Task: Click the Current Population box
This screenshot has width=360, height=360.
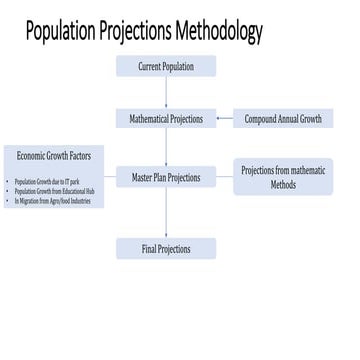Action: point(166,67)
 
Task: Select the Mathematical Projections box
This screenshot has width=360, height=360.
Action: point(166,118)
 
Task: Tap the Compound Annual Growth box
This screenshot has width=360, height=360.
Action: point(283,118)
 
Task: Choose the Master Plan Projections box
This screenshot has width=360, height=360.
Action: point(166,177)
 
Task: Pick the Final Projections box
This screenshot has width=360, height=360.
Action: point(166,248)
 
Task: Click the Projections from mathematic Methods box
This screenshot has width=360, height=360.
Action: point(283,177)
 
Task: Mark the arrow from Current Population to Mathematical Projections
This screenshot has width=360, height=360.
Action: point(166,92)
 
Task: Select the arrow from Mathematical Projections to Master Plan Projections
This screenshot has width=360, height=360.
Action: point(166,147)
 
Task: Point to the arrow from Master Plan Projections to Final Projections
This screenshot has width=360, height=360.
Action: point(166,212)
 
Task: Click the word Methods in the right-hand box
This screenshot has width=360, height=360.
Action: point(283,185)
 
